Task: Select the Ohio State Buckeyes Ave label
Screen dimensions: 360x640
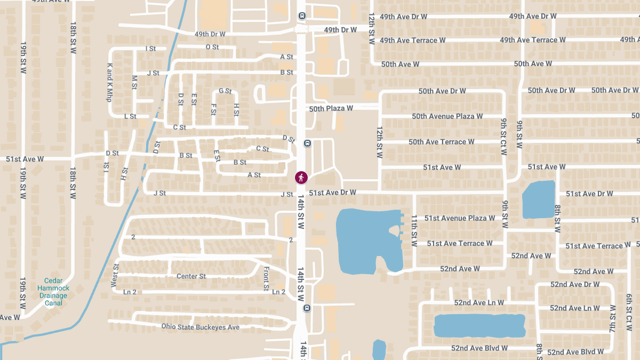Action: click(201, 327)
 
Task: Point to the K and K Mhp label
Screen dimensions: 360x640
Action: click(109, 83)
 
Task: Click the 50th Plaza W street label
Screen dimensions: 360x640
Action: click(331, 108)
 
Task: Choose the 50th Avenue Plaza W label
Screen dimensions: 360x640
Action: click(447, 116)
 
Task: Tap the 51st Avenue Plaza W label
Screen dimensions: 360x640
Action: click(459, 218)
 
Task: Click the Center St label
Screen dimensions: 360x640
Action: click(191, 276)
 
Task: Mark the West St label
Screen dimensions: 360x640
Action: click(115, 275)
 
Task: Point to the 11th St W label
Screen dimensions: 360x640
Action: click(414, 230)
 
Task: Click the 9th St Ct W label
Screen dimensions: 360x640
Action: click(504, 137)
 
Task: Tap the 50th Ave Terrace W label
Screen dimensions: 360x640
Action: click(441, 142)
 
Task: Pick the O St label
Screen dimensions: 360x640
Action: click(212, 47)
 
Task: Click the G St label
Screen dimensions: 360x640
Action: click(225, 91)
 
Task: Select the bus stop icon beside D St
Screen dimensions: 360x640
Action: click(307, 143)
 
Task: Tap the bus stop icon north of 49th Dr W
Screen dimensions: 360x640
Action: click(302, 16)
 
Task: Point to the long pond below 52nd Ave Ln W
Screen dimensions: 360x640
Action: click(479, 325)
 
